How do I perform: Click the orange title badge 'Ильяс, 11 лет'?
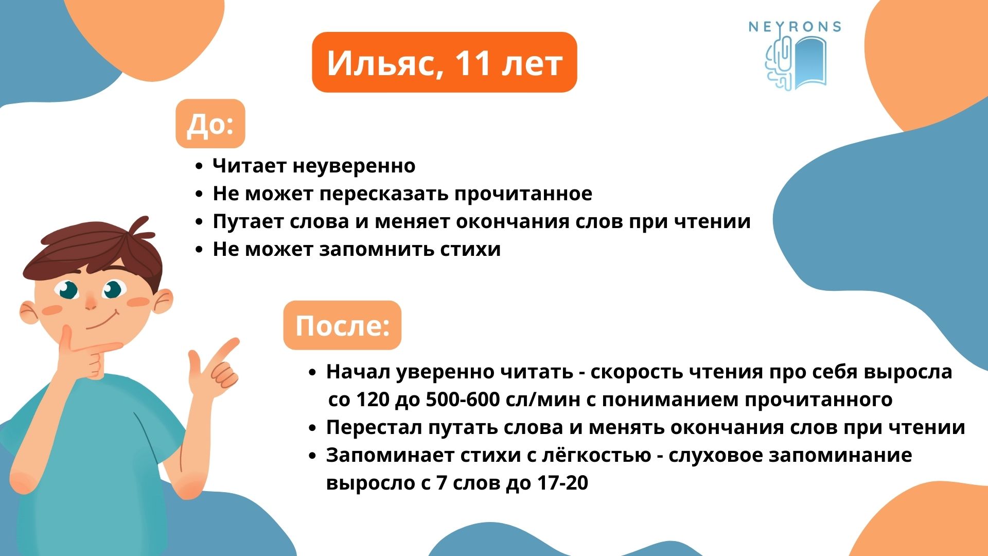click(445, 62)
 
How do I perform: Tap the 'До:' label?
click(210, 124)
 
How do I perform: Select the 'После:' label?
click(342, 325)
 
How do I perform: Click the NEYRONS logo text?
click(795, 27)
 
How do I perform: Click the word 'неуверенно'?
click(354, 166)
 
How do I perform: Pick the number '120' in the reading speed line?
click(373, 399)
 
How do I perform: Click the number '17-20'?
click(562, 483)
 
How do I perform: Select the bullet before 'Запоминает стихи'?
click(312, 456)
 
